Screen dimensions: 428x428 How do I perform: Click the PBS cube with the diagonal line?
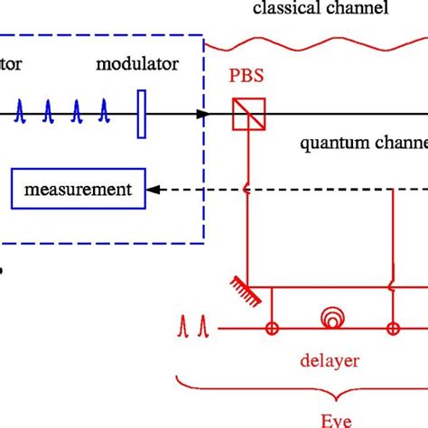247,114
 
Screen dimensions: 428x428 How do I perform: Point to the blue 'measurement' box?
78,190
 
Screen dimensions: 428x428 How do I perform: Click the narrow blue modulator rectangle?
141,114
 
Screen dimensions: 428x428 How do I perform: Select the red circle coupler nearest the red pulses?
270,329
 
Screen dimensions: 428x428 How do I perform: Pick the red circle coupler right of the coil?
394,329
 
